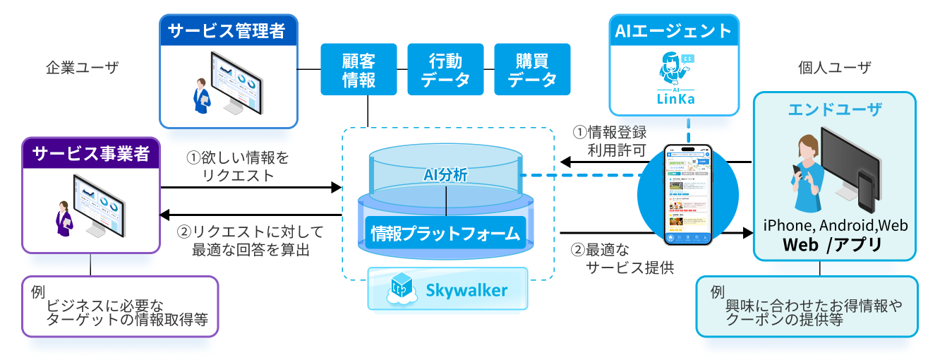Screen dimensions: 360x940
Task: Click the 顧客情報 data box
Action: tap(359, 69)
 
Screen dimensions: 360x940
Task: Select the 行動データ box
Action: tap(445, 69)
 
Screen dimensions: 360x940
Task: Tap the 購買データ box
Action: tap(533, 69)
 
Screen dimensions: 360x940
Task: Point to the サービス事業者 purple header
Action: tap(92, 154)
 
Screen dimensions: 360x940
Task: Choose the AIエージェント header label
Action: tap(673, 31)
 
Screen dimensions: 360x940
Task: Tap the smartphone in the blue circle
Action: tap(689, 195)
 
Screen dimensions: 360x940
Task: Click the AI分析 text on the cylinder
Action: tap(446, 174)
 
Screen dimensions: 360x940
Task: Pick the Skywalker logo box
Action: tap(447, 289)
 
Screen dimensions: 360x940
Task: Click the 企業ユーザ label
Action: tap(83, 68)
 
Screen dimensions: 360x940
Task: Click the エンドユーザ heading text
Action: tap(835, 110)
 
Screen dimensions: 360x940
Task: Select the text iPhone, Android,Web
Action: tap(836, 226)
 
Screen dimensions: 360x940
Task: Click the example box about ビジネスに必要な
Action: tap(119, 305)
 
